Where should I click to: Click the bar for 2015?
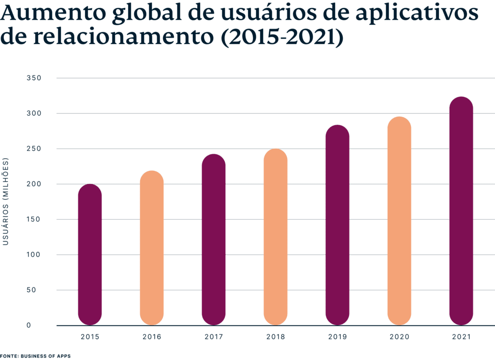pyautogui.click(x=90, y=255)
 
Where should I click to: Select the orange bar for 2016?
pyautogui.click(x=152, y=248)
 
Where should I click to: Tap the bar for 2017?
pyautogui.click(x=214, y=240)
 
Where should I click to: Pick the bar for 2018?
pyautogui.click(x=276, y=237)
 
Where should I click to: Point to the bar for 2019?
pyautogui.click(x=337, y=225)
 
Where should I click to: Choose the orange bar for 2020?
pyautogui.click(x=399, y=221)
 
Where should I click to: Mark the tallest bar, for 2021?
pyautogui.click(x=461, y=211)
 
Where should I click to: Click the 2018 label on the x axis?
pyautogui.click(x=276, y=336)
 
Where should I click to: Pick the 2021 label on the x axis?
pyautogui.click(x=461, y=336)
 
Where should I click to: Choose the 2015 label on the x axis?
pyautogui.click(x=90, y=336)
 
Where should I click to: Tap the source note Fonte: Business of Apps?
pyautogui.click(x=35, y=356)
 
